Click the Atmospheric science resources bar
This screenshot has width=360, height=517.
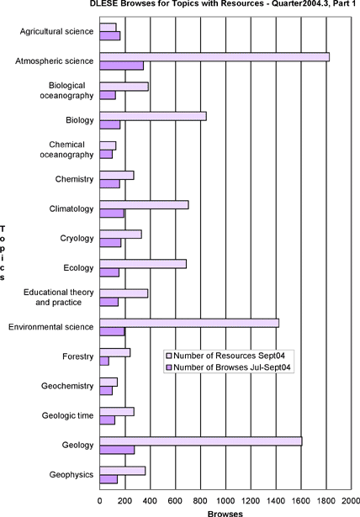point(214,57)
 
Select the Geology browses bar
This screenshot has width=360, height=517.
point(117,450)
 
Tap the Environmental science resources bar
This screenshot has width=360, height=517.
point(189,323)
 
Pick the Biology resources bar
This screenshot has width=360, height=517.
point(153,116)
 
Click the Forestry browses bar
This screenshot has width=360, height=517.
point(104,361)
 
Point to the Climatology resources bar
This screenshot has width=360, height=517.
point(144,205)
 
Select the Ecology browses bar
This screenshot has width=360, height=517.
point(109,272)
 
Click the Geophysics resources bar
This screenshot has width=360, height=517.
point(123,471)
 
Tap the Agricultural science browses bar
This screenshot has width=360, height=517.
point(110,36)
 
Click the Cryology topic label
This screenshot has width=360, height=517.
point(77,239)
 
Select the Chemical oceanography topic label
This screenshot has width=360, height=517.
point(67,150)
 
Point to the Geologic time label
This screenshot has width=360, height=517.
point(67,415)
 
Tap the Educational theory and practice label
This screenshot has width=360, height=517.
point(58,297)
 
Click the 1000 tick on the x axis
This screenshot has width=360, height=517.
point(225,501)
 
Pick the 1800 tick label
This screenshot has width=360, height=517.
point(326,501)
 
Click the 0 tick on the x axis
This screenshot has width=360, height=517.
point(99,501)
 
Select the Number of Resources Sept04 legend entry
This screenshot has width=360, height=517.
point(226,356)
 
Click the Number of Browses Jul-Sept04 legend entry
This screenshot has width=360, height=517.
point(229,367)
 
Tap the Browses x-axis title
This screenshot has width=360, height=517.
point(225,514)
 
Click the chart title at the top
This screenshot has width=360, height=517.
point(223,4)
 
